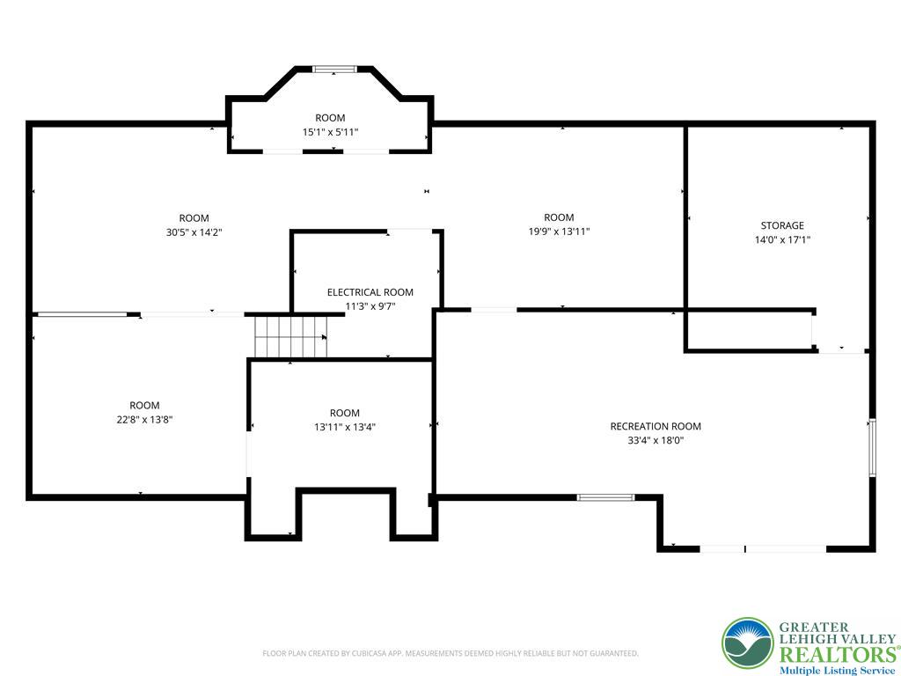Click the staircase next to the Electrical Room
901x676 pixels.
pyautogui.click(x=290, y=336)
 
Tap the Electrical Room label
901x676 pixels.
pyautogui.click(x=370, y=292)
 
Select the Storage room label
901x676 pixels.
pyautogui.click(x=782, y=225)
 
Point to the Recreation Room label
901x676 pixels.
pyautogui.click(x=656, y=426)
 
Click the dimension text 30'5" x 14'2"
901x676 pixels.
pyautogui.click(x=194, y=232)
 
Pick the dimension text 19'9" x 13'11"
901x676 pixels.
pyautogui.click(x=559, y=231)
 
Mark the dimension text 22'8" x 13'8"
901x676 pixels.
pyautogui.click(x=144, y=420)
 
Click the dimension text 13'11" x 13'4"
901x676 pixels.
pyautogui.click(x=345, y=427)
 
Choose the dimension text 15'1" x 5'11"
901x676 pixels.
pyautogui.click(x=330, y=132)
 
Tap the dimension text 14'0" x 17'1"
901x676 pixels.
pyautogui.click(x=782, y=239)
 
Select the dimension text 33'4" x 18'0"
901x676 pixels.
pyautogui.click(x=656, y=440)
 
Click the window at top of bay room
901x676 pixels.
pyautogui.click(x=334, y=69)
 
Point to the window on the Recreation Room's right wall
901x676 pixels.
pyautogui.click(x=872, y=447)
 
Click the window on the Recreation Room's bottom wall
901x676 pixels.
pyautogui.click(x=605, y=497)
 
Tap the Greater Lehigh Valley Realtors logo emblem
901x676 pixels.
pyautogui.click(x=748, y=643)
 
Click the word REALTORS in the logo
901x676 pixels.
pyautogui.click(x=836, y=654)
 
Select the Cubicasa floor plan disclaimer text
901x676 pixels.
pyautogui.click(x=450, y=653)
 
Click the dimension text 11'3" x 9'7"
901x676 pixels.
pyautogui.click(x=370, y=306)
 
